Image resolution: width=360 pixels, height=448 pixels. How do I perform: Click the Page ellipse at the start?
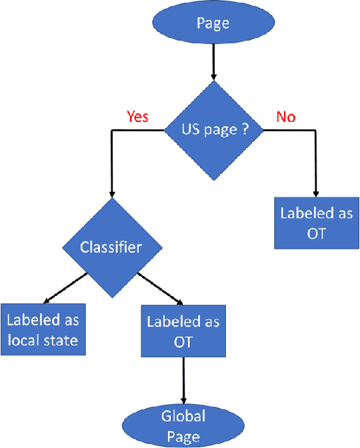pos(213,23)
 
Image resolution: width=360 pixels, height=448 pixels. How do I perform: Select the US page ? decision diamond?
pos(213,131)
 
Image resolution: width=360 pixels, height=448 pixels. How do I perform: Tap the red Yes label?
pos(137,117)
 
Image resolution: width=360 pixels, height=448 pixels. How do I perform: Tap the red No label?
pos(285,117)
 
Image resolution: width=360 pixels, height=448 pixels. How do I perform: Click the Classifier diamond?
pos(111,248)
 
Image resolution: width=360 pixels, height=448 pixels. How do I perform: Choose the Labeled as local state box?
pos(42,330)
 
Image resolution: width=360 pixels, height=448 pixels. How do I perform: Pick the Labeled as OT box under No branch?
pos(316,223)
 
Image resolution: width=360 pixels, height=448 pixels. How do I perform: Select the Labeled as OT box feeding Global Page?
pos(183,331)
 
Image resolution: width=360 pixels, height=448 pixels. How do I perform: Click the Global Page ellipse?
pos(183,426)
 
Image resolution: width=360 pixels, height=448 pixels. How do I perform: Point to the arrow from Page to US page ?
pos(213,63)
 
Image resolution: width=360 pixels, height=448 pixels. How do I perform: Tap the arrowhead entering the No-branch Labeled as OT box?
pos(316,193)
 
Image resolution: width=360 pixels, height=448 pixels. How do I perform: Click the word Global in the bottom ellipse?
pos(183,417)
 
